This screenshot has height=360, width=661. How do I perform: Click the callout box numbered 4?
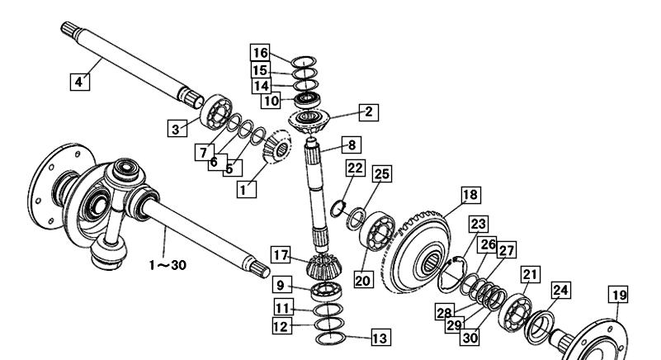(80, 82)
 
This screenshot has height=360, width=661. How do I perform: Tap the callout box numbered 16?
(260, 53)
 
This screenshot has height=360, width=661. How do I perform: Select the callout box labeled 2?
(369, 111)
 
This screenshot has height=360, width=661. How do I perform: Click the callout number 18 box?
(471, 195)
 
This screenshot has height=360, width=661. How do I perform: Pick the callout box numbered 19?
(618, 295)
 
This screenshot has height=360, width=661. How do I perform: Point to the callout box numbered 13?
(380, 338)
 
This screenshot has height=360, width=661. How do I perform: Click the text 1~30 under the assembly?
(168, 265)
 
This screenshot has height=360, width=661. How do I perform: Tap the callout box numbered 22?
(355, 168)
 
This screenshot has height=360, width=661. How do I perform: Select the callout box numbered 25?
(382, 173)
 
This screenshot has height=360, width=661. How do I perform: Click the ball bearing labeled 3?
(216, 111)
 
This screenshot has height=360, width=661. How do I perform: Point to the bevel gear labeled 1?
(277, 146)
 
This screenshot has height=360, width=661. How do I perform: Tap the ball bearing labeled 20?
(377, 231)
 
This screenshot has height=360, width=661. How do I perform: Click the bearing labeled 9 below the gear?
(327, 291)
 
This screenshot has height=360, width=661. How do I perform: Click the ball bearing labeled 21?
(515, 313)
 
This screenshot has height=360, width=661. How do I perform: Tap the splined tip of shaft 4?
(69, 30)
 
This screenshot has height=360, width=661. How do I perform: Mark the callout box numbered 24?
(560, 290)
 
